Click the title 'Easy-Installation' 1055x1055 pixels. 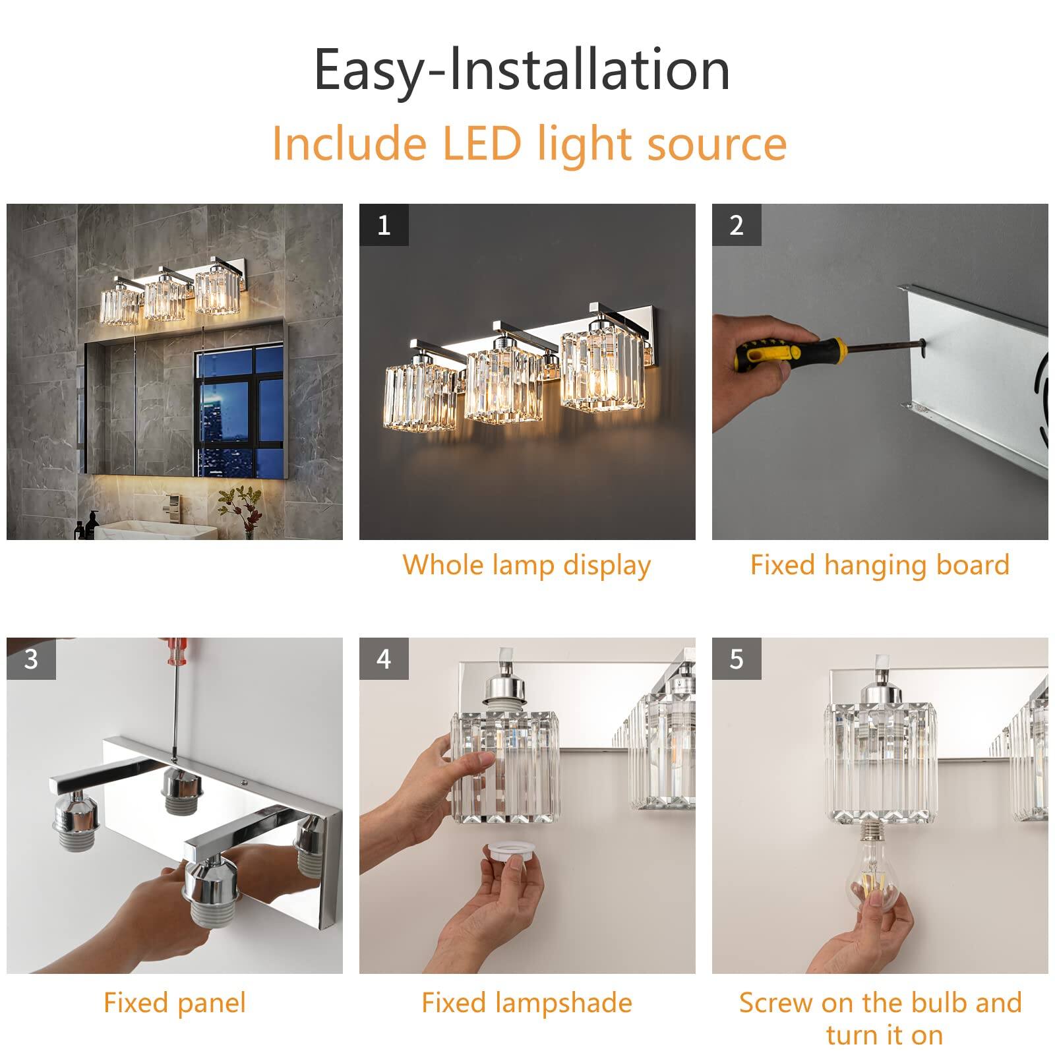(522, 70)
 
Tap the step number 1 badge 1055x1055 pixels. (384, 226)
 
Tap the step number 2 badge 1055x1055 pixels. (737, 226)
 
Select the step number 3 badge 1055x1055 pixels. (31, 659)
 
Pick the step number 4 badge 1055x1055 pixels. (384, 659)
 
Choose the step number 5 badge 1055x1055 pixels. (737, 659)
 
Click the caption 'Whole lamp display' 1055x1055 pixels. (526, 565)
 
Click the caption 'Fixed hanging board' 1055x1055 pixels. (880, 565)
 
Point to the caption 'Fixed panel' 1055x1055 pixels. (175, 1003)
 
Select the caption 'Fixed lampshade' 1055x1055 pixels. (526, 1003)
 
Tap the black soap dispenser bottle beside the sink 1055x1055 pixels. (93, 526)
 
